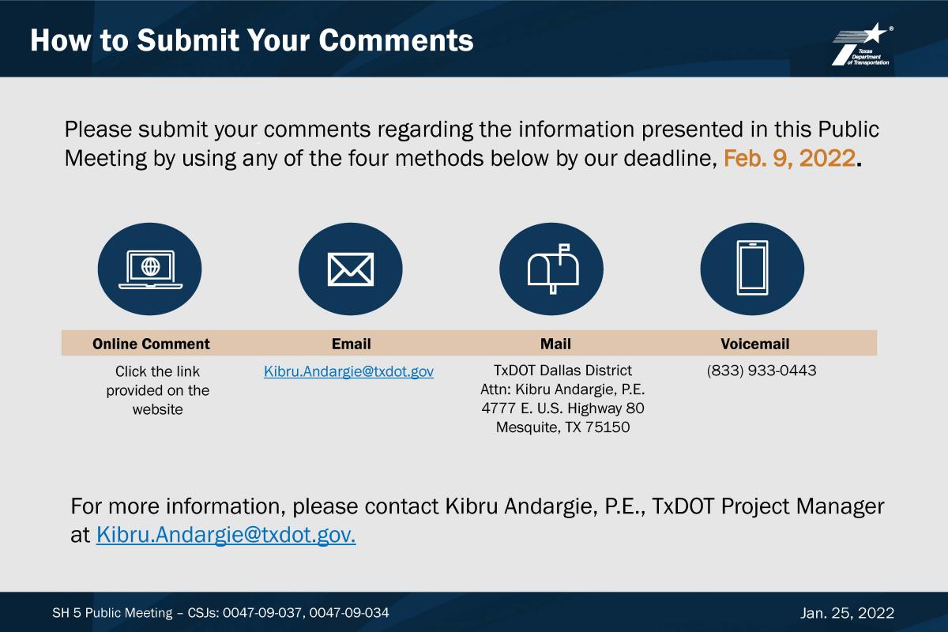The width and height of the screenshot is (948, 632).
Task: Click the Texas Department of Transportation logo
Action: (863, 44)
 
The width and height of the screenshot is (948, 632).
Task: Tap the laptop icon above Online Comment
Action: (150, 269)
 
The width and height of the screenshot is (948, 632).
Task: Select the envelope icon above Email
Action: (351, 269)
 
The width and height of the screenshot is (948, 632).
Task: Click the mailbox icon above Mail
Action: (553, 269)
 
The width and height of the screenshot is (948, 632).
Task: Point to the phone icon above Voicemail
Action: (752, 268)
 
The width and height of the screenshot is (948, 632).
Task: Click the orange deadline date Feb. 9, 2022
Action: (790, 158)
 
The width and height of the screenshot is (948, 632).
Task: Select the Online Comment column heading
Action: (151, 344)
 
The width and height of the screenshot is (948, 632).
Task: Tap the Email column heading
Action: (352, 344)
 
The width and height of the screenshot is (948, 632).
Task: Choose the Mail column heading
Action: (555, 344)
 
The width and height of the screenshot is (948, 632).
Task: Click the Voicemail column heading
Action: (755, 344)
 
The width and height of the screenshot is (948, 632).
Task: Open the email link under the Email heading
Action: (348, 371)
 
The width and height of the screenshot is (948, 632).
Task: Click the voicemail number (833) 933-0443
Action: (762, 371)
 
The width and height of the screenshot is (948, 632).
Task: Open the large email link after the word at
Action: (226, 535)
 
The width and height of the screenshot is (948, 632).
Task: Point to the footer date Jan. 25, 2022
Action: (847, 613)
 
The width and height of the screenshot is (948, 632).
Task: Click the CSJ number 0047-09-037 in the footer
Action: (262, 613)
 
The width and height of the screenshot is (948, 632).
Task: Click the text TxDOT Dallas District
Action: (562, 371)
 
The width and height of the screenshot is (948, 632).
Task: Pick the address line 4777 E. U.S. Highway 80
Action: (562, 408)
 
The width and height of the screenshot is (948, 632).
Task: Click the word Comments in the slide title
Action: (396, 40)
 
